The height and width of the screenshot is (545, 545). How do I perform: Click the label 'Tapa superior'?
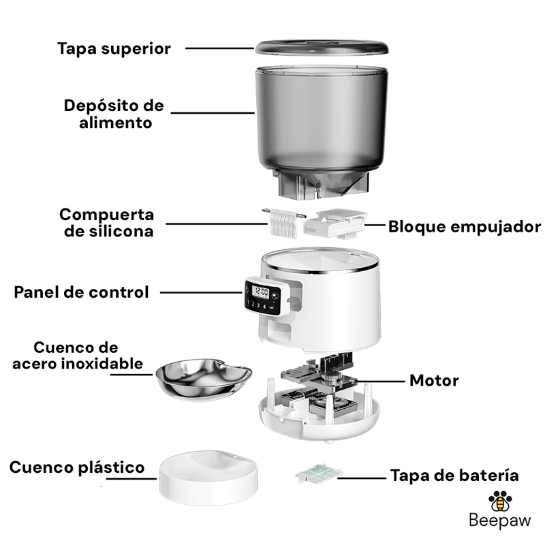114,48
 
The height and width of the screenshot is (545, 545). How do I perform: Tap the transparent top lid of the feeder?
322,47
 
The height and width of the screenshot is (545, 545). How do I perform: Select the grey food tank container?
322,132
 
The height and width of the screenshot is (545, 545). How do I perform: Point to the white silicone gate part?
283,223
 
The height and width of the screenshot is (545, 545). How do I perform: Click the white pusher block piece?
335,223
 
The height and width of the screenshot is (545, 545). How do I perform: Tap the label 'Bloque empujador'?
465,227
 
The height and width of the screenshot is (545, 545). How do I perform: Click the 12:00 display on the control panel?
260,292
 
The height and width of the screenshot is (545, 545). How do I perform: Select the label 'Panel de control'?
81,292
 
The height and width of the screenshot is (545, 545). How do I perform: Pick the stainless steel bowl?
204,379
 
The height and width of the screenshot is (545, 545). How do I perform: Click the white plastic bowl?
208,478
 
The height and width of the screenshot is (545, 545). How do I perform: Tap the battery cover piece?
318,473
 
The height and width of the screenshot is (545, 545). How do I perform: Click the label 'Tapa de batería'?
454,475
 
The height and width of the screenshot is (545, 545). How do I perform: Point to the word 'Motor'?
434,381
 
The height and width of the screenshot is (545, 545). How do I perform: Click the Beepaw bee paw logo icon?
500,501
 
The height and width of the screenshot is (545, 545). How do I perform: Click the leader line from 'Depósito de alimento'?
213,113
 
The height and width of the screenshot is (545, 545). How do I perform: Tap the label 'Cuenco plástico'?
77,467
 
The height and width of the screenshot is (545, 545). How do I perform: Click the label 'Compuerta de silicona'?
107,223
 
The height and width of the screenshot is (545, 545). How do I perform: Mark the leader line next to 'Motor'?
381,381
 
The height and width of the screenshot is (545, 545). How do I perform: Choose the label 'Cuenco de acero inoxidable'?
78,356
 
